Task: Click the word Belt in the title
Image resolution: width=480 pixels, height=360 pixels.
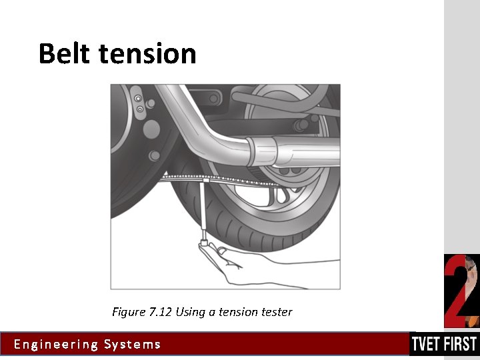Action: [65, 53]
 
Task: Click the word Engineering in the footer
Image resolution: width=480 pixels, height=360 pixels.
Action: [56, 345]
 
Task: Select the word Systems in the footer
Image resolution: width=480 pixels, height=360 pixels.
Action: [133, 345]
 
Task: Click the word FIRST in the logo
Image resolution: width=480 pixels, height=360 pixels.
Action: [462, 344]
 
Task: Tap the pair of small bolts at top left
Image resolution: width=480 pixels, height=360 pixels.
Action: [139, 103]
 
